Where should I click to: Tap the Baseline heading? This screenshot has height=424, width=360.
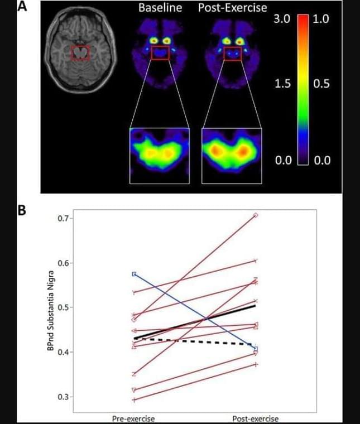point(161,8)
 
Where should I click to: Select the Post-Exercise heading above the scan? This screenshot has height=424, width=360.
point(232,8)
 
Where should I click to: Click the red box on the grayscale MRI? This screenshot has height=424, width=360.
point(80,53)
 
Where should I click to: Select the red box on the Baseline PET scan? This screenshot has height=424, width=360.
point(160,54)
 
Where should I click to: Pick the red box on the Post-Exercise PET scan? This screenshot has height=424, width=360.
point(232,54)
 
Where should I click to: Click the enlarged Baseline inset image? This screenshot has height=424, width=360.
point(156,156)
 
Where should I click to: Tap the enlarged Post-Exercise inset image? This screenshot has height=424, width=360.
point(232,156)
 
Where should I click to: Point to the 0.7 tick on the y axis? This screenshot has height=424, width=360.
point(63,218)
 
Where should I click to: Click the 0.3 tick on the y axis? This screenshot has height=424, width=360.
point(63,397)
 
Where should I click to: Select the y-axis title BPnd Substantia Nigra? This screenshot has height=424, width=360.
point(50,311)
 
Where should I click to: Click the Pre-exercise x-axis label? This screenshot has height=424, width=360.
point(133,418)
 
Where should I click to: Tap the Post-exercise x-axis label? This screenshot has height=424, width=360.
point(255,418)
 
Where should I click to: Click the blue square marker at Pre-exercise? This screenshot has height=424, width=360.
point(134,274)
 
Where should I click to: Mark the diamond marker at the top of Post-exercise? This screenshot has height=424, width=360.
point(256,215)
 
